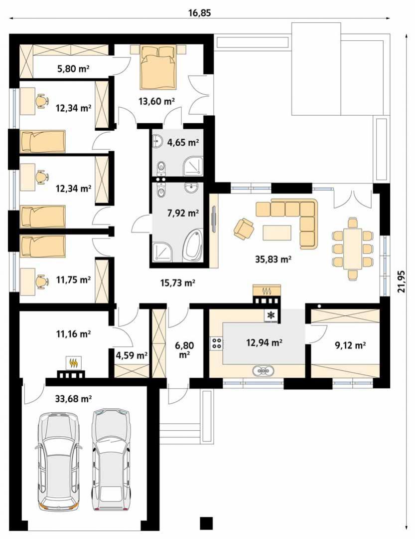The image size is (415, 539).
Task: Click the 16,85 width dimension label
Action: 199,13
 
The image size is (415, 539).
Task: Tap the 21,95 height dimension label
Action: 401,281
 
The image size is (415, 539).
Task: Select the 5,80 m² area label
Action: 73,69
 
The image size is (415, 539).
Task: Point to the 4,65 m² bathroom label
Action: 183,142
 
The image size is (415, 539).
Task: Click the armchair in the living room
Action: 244,229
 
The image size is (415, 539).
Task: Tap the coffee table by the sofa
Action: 277,232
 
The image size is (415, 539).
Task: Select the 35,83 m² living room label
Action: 273,259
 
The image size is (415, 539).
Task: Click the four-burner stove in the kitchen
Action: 217,343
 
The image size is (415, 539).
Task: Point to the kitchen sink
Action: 264,371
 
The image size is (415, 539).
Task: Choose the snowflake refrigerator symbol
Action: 271,315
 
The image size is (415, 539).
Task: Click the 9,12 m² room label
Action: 350,345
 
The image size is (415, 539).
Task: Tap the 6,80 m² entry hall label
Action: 185,349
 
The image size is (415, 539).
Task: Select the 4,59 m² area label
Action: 132,355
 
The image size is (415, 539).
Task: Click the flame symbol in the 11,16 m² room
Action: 73,363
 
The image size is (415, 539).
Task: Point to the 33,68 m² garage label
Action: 73,399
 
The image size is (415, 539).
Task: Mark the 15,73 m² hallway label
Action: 178,283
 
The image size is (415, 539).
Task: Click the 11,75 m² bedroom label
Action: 73,279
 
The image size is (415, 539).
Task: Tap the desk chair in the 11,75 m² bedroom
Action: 42,280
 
